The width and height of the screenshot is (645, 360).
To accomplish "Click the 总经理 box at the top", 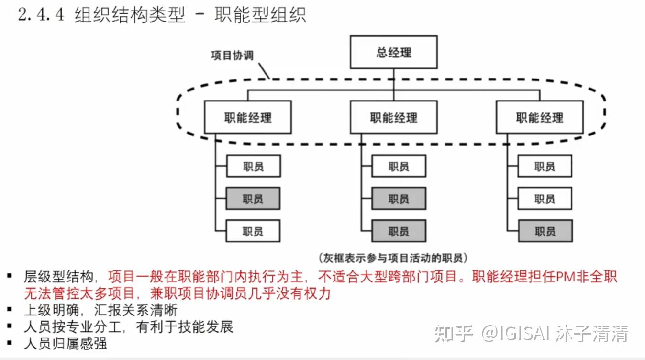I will (x=393, y=52).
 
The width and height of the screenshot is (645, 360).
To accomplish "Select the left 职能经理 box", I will (x=248, y=117).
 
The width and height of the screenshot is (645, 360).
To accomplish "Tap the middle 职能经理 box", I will (x=393, y=117).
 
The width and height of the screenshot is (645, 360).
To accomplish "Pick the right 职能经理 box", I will (x=539, y=117).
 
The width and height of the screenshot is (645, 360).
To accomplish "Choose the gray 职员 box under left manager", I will (x=253, y=199).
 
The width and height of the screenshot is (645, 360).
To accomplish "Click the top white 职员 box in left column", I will (x=253, y=167).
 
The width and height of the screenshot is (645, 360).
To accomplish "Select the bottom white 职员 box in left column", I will (x=253, y=231).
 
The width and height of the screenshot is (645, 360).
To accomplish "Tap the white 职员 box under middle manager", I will (x=399, y=167).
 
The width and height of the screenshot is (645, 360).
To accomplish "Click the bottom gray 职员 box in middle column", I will (x=399, y=231).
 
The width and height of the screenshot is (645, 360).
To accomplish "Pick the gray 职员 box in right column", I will (x=545, y=231).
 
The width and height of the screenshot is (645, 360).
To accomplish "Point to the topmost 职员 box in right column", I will (x=545, y=167).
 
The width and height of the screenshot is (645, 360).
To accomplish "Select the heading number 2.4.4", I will (x=40, y=15).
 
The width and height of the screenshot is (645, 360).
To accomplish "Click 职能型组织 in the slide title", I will (x=260, y=15).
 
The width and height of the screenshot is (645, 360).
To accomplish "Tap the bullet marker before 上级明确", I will (x=9, y=310).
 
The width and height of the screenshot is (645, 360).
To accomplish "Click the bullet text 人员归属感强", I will (x=66, y=343).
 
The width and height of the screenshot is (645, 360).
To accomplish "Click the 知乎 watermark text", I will (x=453, y=334).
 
